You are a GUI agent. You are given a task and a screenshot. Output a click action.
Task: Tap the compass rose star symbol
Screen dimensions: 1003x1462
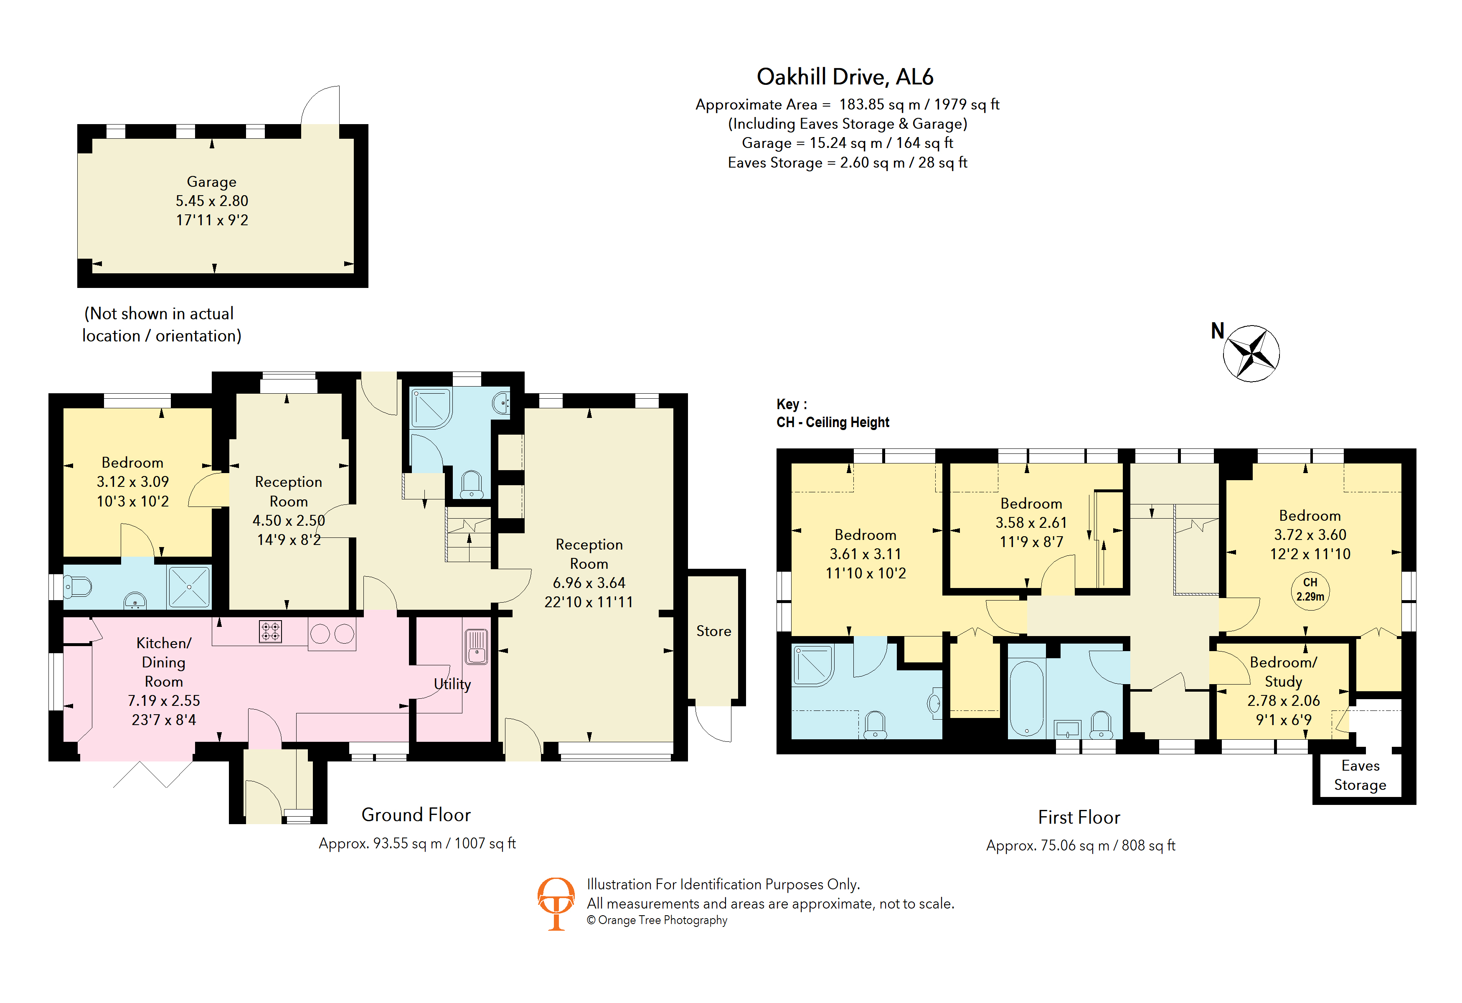coord(1251,354)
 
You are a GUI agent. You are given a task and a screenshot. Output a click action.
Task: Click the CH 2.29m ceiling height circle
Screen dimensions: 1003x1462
coord(1310,590)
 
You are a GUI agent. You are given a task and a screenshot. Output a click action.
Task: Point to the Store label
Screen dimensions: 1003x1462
coord(713,631)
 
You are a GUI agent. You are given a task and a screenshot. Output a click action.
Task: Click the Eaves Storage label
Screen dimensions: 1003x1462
coord(1360,775)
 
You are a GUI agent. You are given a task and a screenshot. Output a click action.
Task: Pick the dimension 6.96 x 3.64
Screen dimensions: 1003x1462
coord(589,583)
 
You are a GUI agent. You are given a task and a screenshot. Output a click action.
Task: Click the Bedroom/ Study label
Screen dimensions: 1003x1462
coord(1283,672)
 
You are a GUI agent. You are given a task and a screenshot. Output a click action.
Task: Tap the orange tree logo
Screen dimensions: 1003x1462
coord(556,903)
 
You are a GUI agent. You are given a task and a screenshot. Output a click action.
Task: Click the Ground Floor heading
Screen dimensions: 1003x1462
coord(416,815)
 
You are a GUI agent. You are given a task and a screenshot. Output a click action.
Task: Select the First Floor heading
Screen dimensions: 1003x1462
coord(1079,817)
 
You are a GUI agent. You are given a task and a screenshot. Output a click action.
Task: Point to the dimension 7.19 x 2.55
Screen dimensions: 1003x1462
coord(164,700)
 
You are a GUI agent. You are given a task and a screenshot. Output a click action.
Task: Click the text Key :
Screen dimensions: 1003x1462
coord(791,404)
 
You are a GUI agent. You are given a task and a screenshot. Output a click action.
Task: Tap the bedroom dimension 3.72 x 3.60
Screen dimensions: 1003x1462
coord(1310,535)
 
